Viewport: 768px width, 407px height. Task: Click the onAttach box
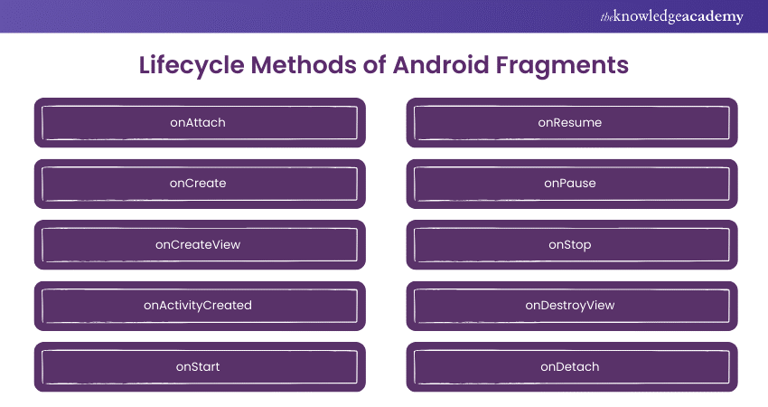200,123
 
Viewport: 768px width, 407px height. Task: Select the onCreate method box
200,184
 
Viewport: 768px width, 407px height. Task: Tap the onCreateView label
198,244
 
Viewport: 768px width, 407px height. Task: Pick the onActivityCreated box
200,306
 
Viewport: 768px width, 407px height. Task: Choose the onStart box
200,367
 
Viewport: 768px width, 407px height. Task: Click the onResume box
572,123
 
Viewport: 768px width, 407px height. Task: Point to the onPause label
570,184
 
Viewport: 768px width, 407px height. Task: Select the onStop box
572,245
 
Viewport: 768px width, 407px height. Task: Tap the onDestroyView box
572,306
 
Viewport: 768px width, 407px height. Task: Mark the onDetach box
572,367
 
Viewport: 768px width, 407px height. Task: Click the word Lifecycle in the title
192,66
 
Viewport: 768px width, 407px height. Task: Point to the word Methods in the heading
304,65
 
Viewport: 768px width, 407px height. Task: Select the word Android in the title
441,65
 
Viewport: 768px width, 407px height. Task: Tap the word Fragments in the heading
562,66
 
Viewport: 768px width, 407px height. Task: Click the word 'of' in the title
375,65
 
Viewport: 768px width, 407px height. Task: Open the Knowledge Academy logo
672,16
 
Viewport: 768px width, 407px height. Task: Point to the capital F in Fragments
503,65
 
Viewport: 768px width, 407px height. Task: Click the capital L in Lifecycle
145,65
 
